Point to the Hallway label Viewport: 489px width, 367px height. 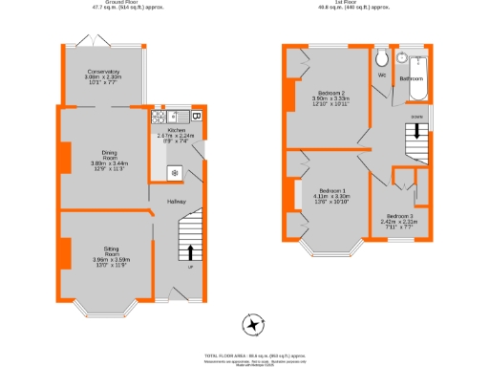pyautogui.click(x=178, y=202)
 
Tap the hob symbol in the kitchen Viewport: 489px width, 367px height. pyautogui.click(x=175, y=173)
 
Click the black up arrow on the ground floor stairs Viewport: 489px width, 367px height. pyautogui.click(x=191, y=252)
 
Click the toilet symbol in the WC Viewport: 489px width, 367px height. pyautogui.click(x=381, y=54)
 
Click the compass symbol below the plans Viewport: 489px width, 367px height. pyautogui.click(x=252, y=326)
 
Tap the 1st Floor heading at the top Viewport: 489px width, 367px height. pyautogui.click(x=354, y=3)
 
